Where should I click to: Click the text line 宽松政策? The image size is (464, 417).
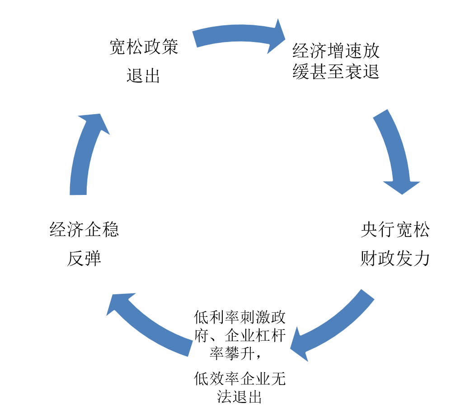[144, 48]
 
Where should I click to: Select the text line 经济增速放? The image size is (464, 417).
[336, 51]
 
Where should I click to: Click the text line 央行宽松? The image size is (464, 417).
[395, 231]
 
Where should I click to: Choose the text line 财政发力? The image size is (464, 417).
[395, 259]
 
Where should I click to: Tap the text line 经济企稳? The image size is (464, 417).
[84, 230]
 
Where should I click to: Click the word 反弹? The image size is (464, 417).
[84, 259]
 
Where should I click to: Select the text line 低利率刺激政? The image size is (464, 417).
[240, 318]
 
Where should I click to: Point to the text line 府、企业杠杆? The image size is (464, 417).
[240, 336]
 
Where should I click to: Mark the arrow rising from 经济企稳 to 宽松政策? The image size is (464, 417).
[84, 153]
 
